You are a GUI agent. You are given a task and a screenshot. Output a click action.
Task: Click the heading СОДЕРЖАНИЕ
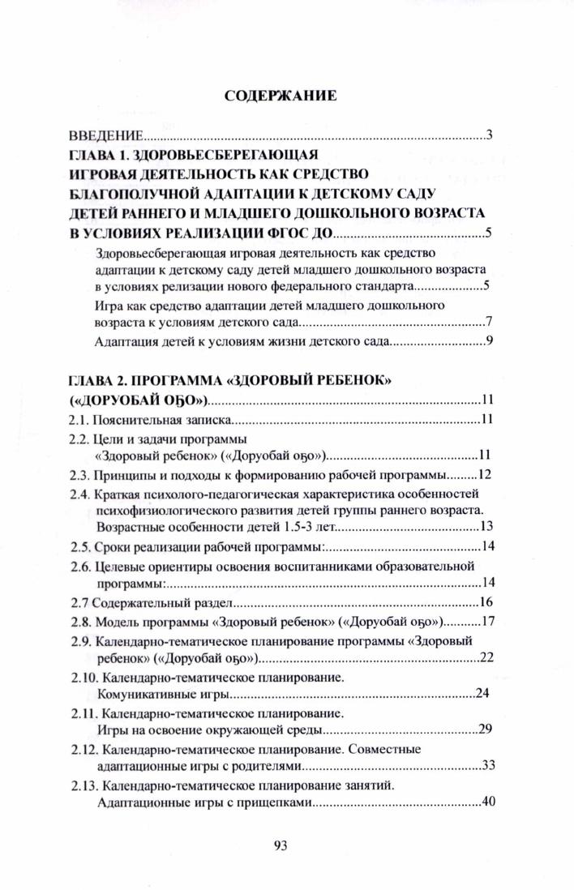click(x=280, y=96)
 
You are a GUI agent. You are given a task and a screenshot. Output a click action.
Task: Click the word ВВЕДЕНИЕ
click(x=106, y=135)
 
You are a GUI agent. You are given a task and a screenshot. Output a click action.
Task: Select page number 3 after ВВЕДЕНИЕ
click(x=490, y=134)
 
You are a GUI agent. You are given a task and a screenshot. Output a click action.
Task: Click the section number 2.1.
click(x=77, y=420)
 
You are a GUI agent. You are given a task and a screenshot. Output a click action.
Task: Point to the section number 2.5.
click(x=78, y=545)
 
